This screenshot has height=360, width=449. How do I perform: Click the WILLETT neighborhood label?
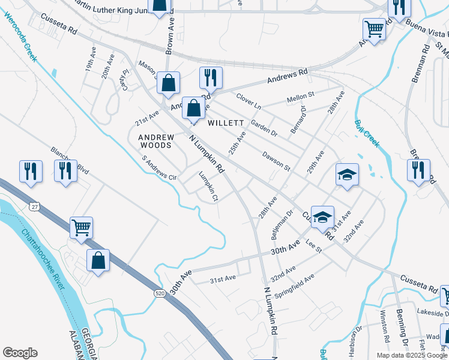pos(226,123)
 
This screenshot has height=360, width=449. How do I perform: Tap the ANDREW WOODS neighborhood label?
pos(155,141)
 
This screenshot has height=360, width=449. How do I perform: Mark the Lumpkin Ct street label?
pos(208,186)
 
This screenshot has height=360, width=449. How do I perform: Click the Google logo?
pos(20,353)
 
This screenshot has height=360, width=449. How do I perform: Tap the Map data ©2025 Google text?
pos(411,355)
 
